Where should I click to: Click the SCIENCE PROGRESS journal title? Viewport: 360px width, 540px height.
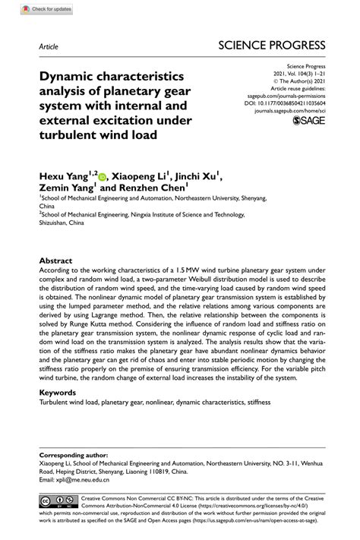[272, 45]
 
